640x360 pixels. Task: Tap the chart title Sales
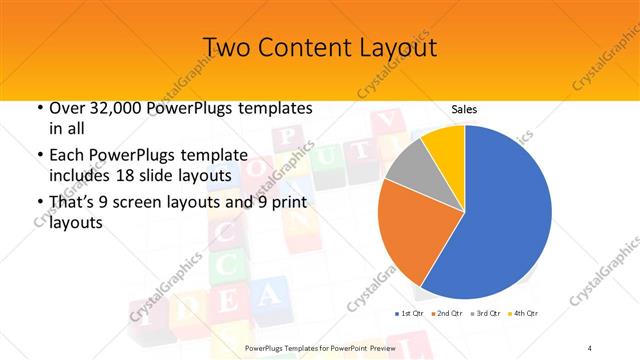click(x=464, y=108)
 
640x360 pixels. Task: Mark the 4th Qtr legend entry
click(x=525, y=314)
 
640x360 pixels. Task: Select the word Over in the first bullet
click(x=66, y=108)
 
